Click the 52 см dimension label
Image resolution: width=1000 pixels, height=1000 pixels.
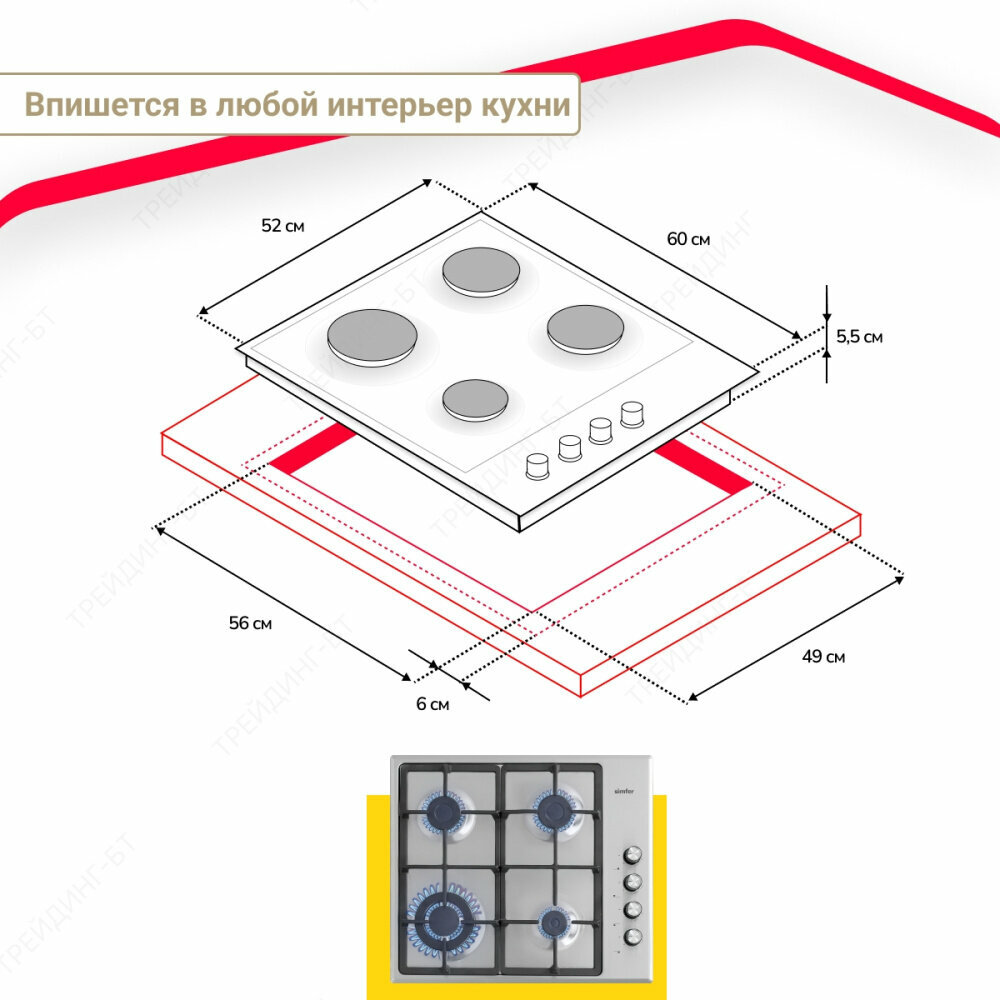click(282, 226)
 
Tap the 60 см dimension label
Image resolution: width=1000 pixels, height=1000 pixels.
click(688, 239)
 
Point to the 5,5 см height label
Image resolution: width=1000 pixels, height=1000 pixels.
click(859, 337)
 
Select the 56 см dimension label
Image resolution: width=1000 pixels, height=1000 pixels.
click(250, 623)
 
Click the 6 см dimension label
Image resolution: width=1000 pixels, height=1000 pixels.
click(432, 704)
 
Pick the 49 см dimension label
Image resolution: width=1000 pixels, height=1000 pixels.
click(823, 657)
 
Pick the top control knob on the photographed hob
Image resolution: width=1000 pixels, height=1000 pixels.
click(633, 856)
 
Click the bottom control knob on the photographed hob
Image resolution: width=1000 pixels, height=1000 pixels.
click(633, 936)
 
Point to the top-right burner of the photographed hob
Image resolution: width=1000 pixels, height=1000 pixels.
click(555, 809)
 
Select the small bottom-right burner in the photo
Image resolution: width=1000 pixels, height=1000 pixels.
click(553, 920)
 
